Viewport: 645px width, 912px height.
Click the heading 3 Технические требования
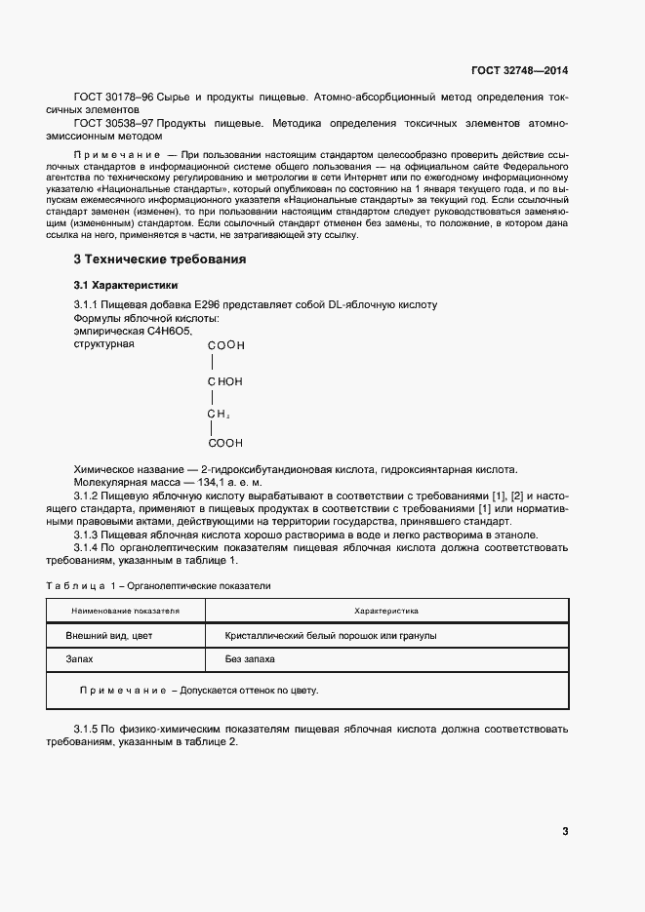tap(160, 259)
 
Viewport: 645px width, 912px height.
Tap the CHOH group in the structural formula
tap(224, 381)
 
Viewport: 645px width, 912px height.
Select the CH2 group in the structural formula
tap(218, 414)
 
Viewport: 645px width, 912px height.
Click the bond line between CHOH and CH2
tap(211, 398)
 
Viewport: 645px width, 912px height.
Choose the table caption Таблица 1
tap(82, 585)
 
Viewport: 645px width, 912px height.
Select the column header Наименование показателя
tap(126, 611)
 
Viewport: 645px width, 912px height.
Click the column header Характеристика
tap(386, 611)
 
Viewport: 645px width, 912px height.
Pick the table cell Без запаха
tap(250, 659)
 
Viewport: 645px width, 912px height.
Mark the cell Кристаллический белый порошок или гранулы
tap(331, 635)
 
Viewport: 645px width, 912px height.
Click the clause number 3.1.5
tap(89, 729)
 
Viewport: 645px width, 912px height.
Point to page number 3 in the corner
tap(565, 831)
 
